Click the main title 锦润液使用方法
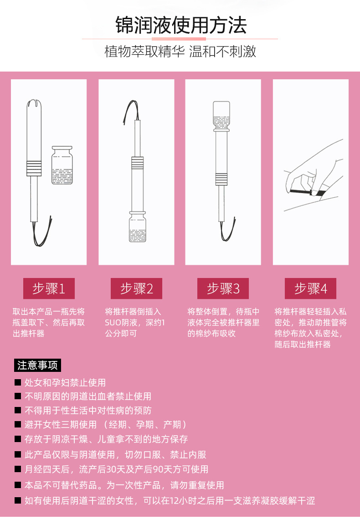(181, 25)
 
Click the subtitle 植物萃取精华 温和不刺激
(180, 51)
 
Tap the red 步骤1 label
(49, 288)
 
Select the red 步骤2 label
(136, 288)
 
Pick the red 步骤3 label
(223, 288)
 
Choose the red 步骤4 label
(310, 288)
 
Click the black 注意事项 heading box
(37, 365)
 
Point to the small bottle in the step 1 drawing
(62, 165)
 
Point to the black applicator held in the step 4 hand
(308, 192)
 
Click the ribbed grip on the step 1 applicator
(34, 169)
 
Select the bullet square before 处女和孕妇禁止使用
(18, 382)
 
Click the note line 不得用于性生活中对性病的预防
(88, 411)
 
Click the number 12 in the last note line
(175, 501)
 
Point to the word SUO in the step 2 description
(113, 323)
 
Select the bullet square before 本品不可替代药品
(18, 485)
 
